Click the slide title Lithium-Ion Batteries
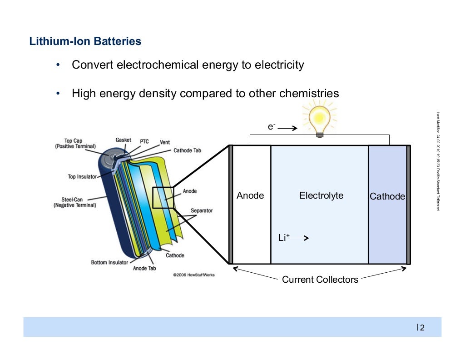[x=85, y=41]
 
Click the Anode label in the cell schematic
[x=250, y=195]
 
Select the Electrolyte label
[x=321, y=195]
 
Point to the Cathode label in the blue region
[x=387, y=196]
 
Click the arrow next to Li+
[x=300, y=238]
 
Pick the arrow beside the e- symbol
[x=287, y=129]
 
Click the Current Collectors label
[x=320, y=280]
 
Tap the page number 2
[x=422, y=328]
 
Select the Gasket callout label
[x=123, y=140]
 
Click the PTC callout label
[x=144, y=142]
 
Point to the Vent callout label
[x=165, y=142]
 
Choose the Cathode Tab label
[x=187, y=150]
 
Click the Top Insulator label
[x=82, y=176]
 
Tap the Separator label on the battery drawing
[x=201, y=211]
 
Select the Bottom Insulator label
[x=109, y=262]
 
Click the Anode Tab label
[x=144, y=269]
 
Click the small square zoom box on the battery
[x=163, y=198]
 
